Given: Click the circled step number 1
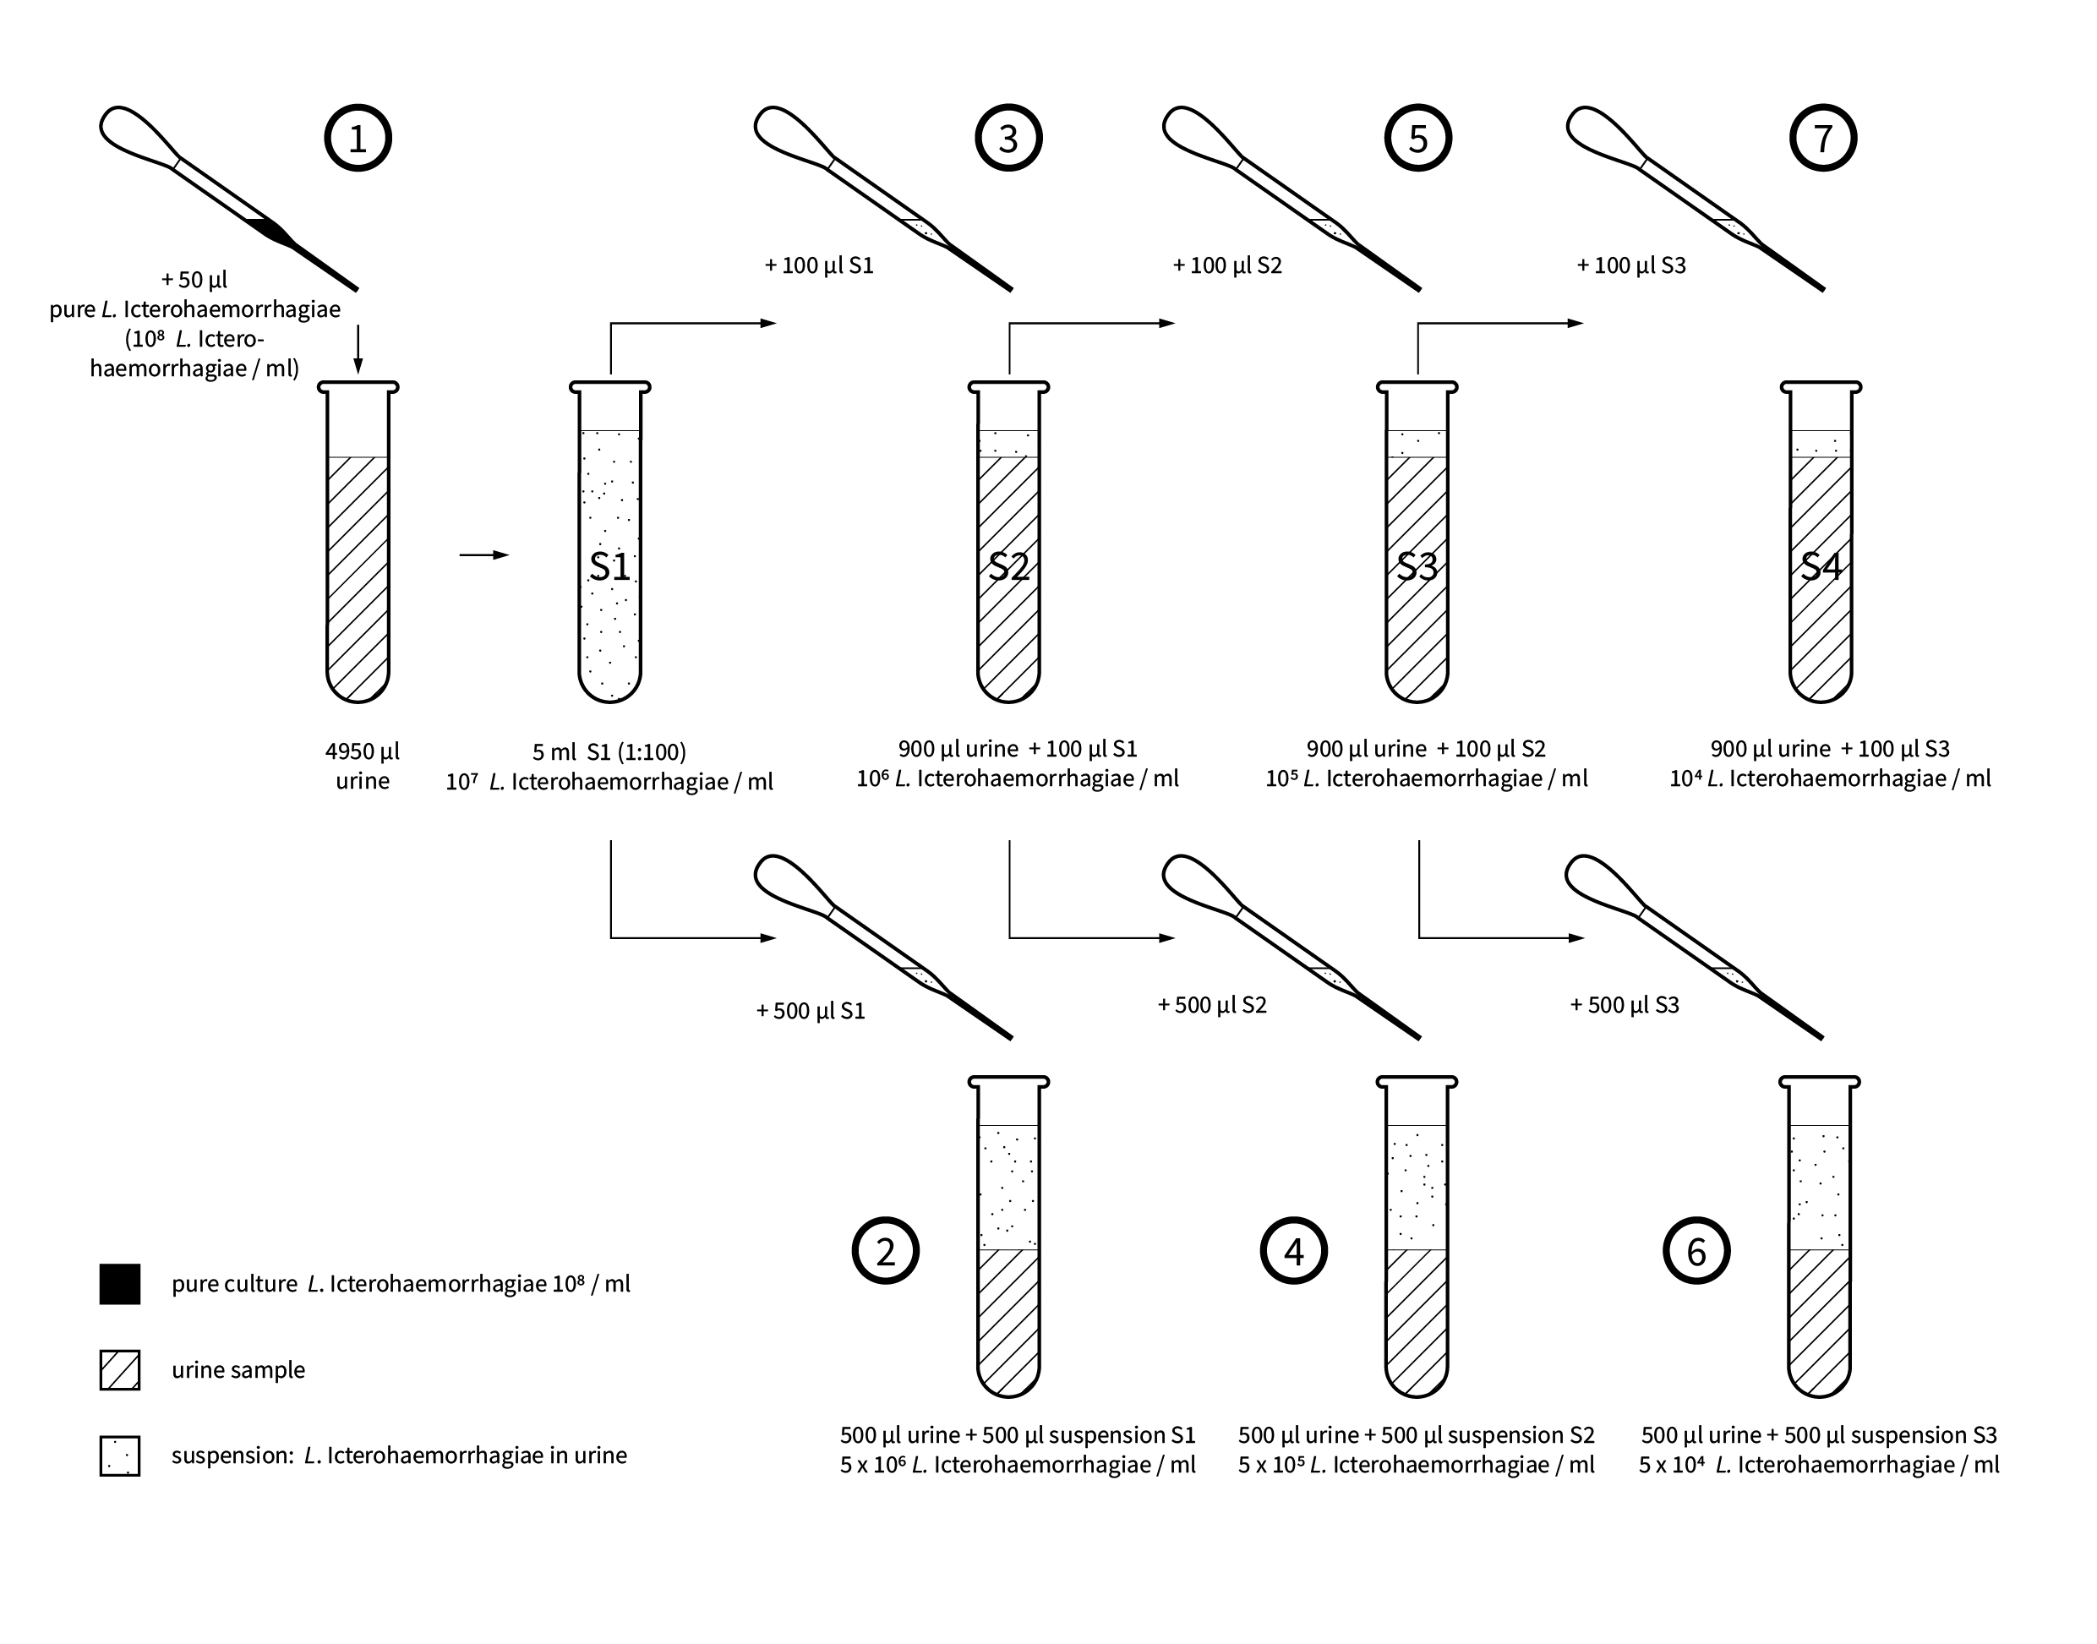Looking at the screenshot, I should tap(358, 139).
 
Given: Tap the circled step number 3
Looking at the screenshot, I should tap(1008, 139).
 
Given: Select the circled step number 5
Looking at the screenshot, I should tap(1417, 139).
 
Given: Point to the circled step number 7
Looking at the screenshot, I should tap(1823, 139).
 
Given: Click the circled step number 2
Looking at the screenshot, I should tap(886, 1250).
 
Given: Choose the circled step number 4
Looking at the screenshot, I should tap(1293, 1250).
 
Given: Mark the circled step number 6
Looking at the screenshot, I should tap(1696, 1250).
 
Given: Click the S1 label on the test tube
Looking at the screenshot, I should tap(610, 567).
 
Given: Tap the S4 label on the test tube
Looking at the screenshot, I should tap(1821, 567).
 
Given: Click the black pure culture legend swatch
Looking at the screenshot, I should tap(120, 1284).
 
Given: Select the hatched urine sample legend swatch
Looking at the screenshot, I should tap(120, 1369).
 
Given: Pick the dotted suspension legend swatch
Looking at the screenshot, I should tap(120, 1456).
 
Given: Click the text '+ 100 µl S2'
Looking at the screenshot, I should tap(1227, 265).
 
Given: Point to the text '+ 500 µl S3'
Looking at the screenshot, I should tap(1625, 1005).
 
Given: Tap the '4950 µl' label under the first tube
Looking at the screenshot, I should tap(362, 751).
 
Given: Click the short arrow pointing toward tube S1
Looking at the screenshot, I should tap(483, 554).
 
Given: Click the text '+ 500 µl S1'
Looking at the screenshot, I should tap(811, 1011).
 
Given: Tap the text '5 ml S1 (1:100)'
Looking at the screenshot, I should tap(609, 751).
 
